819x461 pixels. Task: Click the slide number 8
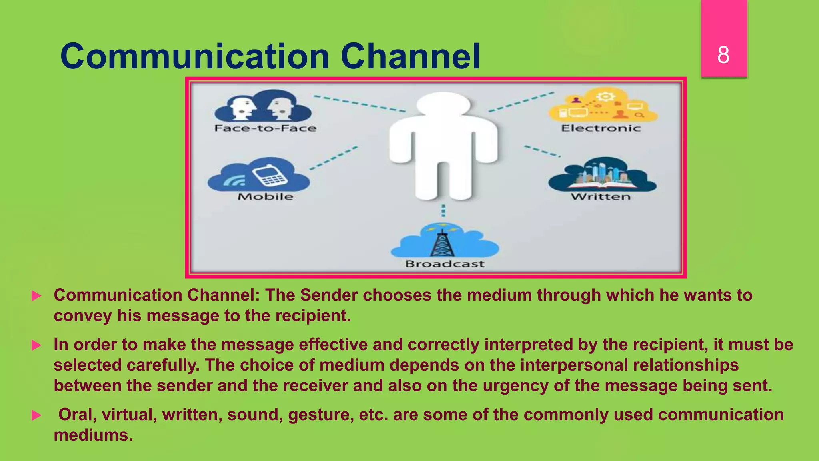(723, 55)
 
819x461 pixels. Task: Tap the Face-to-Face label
(265, 128)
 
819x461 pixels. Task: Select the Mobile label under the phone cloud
(265, 196)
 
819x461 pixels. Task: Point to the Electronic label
(601, 128)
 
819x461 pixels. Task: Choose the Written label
(601, 196)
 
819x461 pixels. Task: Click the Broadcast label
(445, 264)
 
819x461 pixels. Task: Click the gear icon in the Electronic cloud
(605, 97)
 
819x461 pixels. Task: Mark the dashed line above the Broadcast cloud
(443, 210)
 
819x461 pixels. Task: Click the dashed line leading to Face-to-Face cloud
(359, 103)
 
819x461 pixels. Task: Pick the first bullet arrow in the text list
(36, 296)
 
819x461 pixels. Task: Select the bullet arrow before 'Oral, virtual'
(36, 415)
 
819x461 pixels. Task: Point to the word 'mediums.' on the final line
(93, 435)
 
